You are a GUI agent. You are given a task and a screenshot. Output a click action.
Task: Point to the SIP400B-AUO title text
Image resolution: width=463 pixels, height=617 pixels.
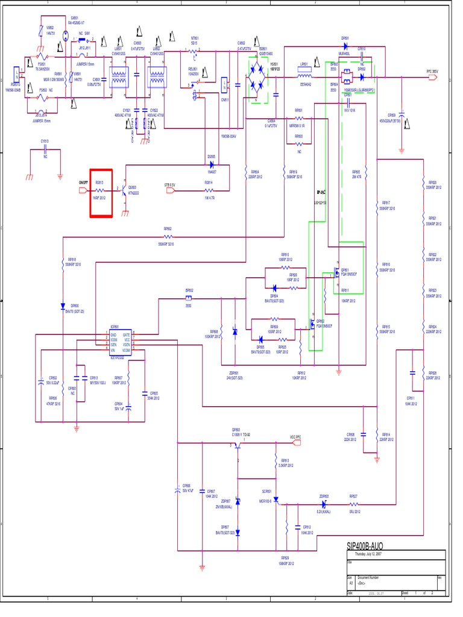click(364, 546)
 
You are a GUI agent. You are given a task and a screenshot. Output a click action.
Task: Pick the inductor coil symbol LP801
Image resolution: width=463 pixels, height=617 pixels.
click(304, 77)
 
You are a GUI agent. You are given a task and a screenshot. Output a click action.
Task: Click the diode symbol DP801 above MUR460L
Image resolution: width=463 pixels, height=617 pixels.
click(346, 46)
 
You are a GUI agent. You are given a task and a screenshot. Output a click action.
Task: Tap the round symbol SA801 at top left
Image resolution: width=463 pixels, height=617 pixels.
click(65, 28)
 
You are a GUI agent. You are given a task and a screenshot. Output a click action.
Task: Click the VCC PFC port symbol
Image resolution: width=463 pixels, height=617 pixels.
click(295, 443)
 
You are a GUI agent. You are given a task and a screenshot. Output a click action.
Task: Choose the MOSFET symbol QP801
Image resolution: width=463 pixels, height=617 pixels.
click(333, 273)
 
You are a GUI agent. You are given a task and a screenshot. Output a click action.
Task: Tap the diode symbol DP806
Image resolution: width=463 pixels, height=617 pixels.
click(63, 305)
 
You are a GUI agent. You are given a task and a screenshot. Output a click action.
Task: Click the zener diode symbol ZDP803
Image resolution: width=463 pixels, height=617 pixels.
click(325, 504)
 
